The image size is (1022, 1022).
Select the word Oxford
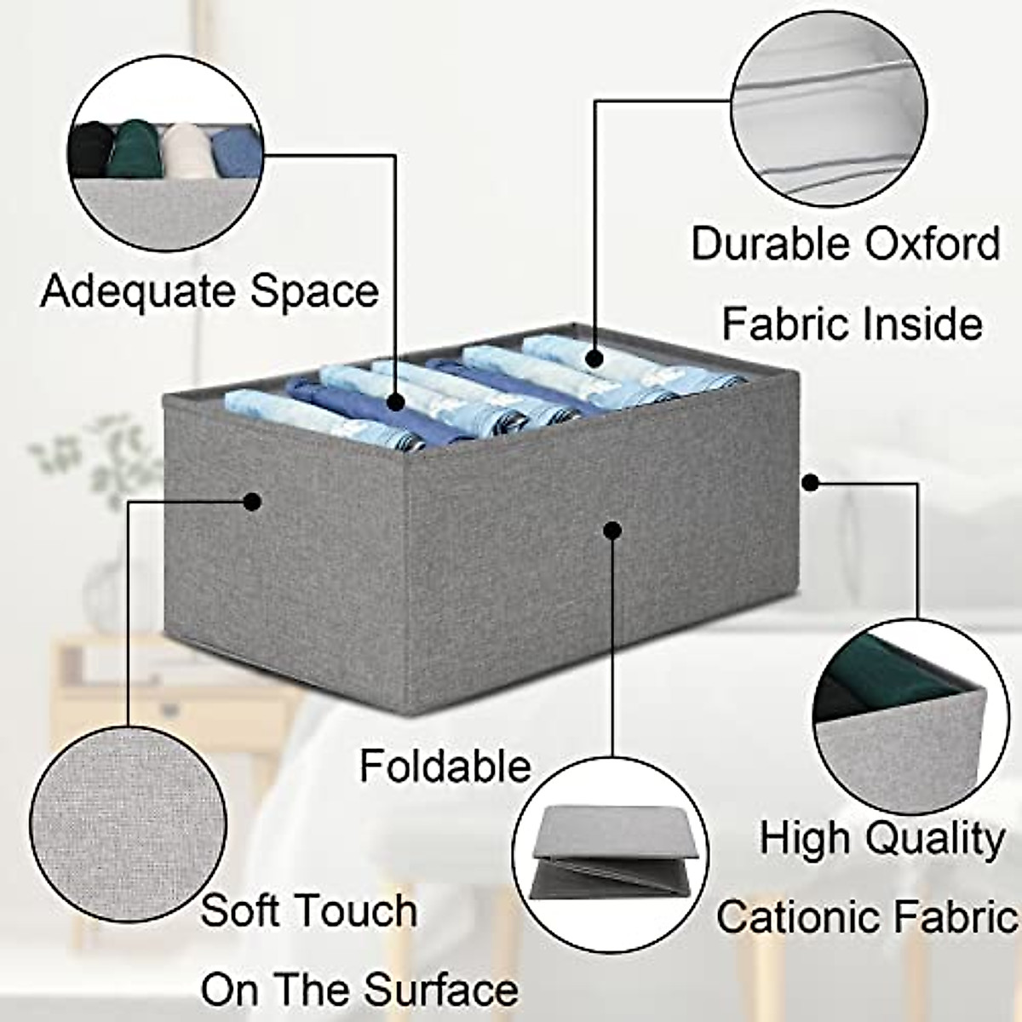[x=933, y=244]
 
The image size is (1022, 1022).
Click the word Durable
[x=771, y=244]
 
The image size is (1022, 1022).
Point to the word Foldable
[x=445, y=766]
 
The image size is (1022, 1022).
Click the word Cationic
[x=793, y=917]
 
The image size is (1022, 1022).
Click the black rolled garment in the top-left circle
[x=89, y=149]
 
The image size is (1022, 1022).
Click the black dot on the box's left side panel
[x=252, y=502]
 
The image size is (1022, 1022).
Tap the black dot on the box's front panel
[x=610, y=530]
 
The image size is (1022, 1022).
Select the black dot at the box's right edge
[x=810, y=483]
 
